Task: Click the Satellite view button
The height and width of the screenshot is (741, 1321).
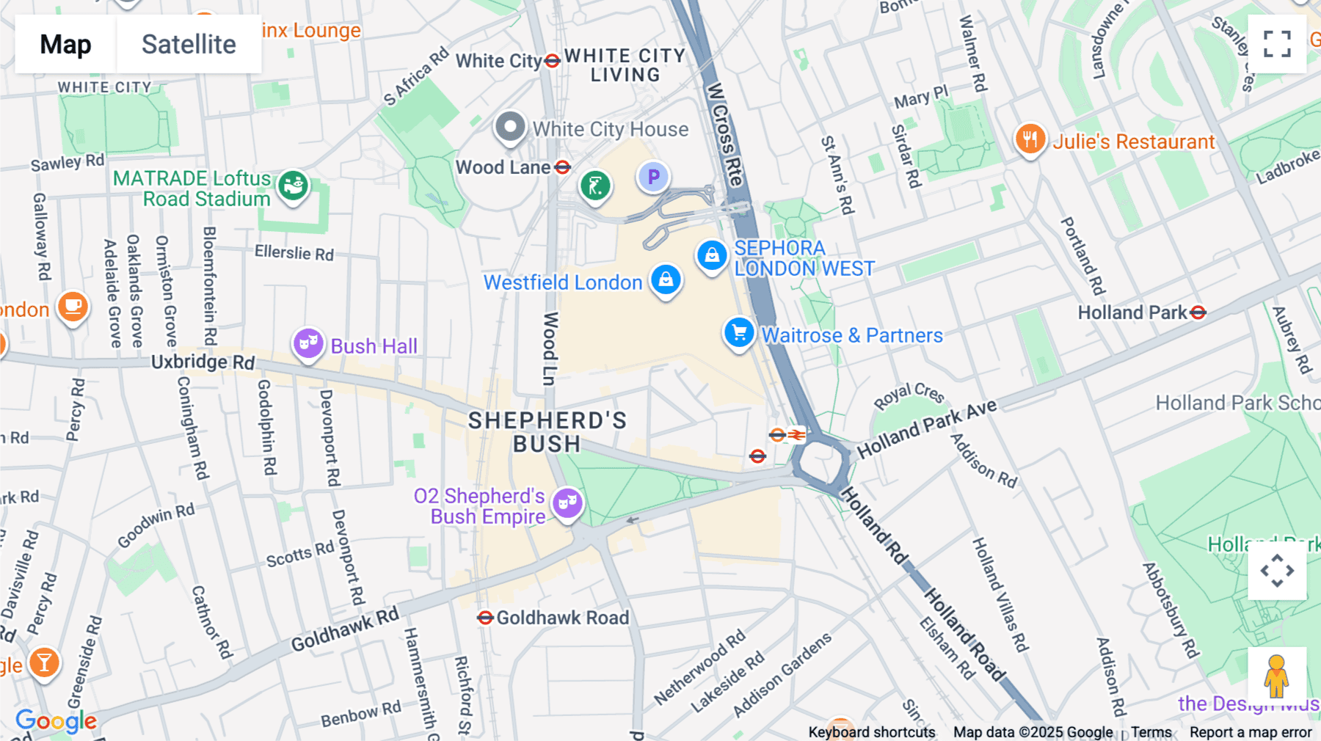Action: pos(189,44)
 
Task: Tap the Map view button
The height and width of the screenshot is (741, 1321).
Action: pos(65,44)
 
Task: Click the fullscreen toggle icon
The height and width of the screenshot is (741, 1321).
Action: pos(1277,44)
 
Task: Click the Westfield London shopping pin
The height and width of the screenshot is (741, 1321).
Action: pos(666,280)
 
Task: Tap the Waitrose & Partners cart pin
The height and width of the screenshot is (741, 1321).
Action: pos(739,333)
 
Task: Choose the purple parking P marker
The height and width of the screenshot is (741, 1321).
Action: pos(653,177)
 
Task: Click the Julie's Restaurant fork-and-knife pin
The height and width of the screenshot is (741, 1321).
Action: pos(1030,139)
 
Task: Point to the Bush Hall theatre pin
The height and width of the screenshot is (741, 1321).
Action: pos(308,343)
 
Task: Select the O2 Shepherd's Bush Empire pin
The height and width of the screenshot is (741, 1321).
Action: pos(567,503)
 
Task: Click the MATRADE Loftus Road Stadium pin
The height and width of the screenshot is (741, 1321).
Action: pos(294,186)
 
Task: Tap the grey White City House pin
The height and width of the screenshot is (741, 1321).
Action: pos(510,127)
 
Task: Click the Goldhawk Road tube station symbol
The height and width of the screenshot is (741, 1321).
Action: pos(485,618)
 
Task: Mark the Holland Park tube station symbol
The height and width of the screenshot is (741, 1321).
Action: pos(1198,313)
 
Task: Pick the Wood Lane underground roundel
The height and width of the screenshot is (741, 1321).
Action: pos(563,167)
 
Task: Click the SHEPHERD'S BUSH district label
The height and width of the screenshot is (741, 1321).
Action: pos(547,432)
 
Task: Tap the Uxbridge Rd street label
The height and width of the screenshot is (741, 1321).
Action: pos(203,362)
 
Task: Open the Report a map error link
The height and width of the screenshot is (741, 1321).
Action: pos(1251,732)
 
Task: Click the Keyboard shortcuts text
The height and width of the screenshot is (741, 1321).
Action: pos(871,732)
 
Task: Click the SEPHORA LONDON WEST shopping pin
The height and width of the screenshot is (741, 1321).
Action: pos(711,255)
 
